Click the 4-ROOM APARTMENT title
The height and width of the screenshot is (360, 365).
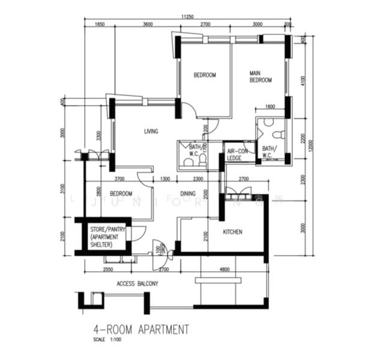pyautogui.click(x=141, y=329)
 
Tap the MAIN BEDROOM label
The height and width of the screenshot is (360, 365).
pyautogui.click(x=261, y=77)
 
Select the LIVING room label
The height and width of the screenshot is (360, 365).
pyautogui.click(x=151, y=131)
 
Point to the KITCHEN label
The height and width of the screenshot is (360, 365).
pyautogui.click(x=232, y=232)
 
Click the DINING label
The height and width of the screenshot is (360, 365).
pyautogui.click(x=188, y=194)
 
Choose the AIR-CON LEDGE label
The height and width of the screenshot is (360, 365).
pyautogui.click(x=236, y=154)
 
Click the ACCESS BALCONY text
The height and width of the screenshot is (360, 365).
pyautogui.click(x=137, y=284)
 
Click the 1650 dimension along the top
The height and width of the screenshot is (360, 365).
pyautogui.click(x=100, y=25)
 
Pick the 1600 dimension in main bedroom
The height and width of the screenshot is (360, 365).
pyautogui.click(x=269, y=107)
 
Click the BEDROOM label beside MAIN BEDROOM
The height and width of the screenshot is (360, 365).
pyautogui.click(x=204, y=75)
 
